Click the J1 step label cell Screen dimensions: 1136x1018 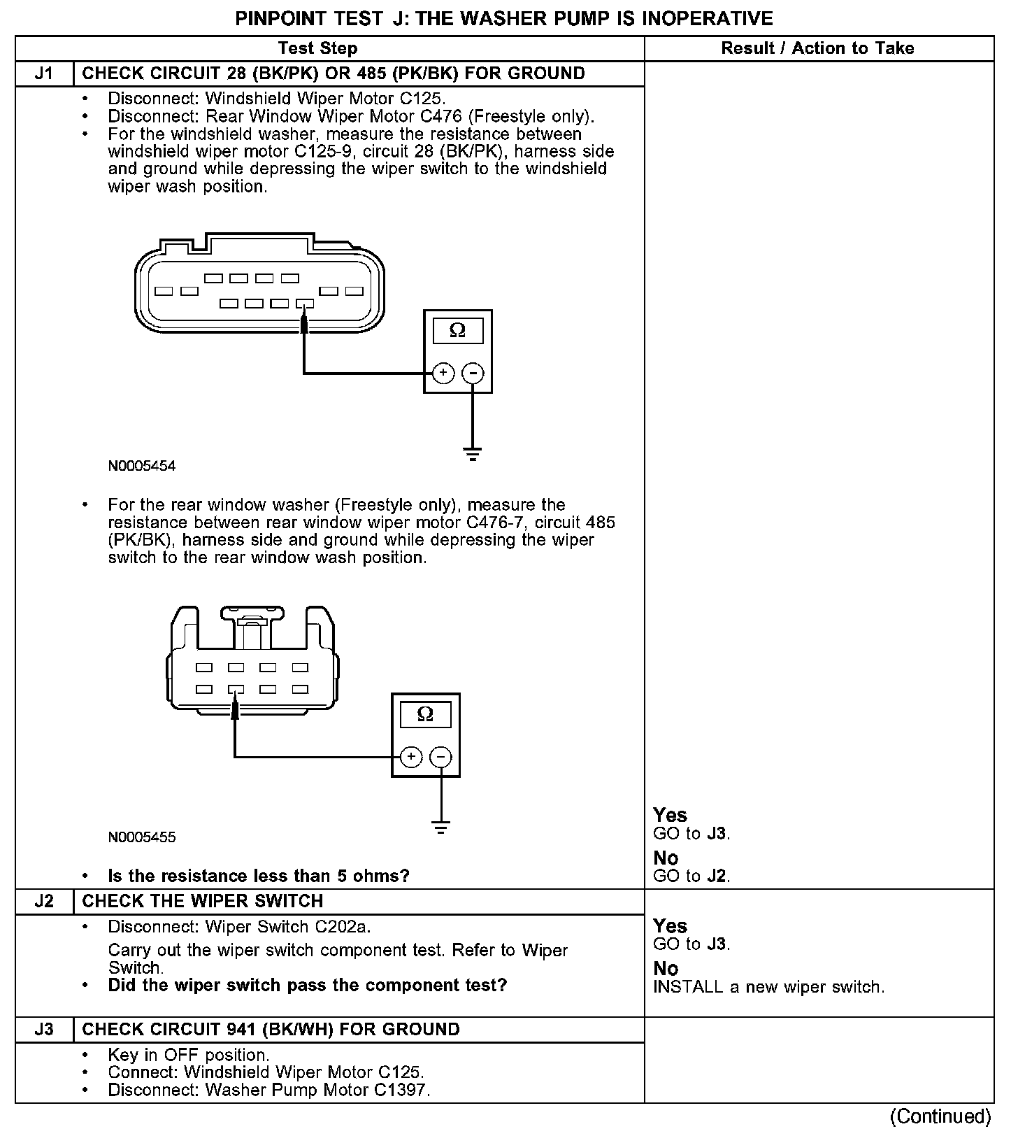pyautogui.click(x=44, y=73)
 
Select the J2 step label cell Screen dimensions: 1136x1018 pyautogui.click(x=44, y=901)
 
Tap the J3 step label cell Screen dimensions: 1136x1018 pyautogui.click(x=44, y=1030)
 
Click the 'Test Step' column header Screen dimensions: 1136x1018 pyautogui.click(x=317, y=48)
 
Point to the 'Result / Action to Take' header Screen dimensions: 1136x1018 pyautogui.click(x=817, y=48)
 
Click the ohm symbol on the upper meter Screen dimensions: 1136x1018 pyautogui.click(x=457, y=330)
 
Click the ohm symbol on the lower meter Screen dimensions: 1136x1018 pyautogui.click(x=425, y=714)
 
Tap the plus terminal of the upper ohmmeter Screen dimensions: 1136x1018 pyautogui.click(x=443, y=374)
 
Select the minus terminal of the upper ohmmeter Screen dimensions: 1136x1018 pyautogui.click(x=473, y=374)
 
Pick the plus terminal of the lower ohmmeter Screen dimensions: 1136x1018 pyautogui.click(x=411, y=757)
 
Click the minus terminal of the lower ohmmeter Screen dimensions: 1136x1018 pyautogui.click(x=440, y=757)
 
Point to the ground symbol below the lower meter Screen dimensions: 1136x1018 pyautogui.click(x=440, y=828)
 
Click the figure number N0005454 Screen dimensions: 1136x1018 pyautogui.click(x=142, y=466)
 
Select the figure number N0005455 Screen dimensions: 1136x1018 pyautogui.click(x=142, y=837)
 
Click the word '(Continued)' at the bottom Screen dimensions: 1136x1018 pyautogui.click(x=941, y=1116)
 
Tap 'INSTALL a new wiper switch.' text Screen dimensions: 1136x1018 pyautogui.click(x=769, y=987)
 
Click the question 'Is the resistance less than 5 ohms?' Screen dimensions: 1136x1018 pyautogui.click(x=259, y=876)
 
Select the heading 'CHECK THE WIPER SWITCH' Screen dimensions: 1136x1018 pyautogui.click(x=203, y=901)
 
